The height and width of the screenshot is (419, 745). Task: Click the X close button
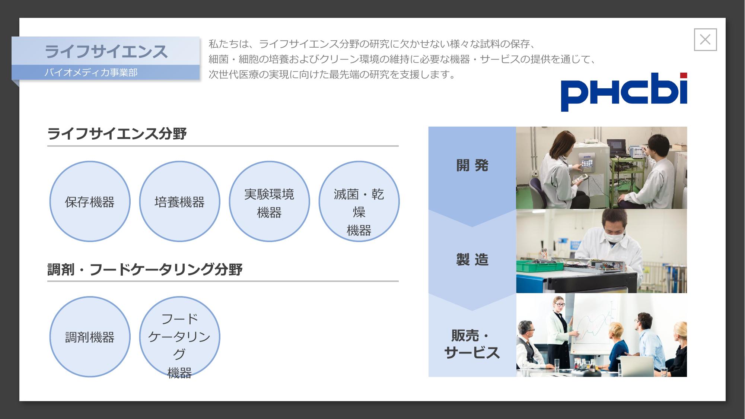pyautogui.click(x=705, y=39)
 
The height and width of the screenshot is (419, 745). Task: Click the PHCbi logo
pyautogui.click(x=624, y=92)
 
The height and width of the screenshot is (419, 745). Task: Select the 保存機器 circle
pyautogui.click(x=90, y=201)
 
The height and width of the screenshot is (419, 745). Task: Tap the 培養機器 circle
pyautogui.click(x=179, y=201)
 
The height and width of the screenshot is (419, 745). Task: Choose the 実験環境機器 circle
pyautogui.click(x=269, y=201)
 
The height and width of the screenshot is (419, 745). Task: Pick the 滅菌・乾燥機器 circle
pyautogui.click(x=359, y=201)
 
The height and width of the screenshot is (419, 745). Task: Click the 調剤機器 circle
pyautogui.click(x=90, y=337)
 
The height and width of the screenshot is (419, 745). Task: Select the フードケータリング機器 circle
pyautogui.click(x=179, y=337)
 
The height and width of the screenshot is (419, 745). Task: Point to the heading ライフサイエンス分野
pyautogui.click(x=117, y=133)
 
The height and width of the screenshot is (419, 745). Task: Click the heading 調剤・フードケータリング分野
pyautogui.click(x=145, y=269)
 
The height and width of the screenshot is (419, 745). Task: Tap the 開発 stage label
pyautogui.click(x=472, y=165)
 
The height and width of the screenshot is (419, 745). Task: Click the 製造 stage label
pyautogui.click(x=472, y=260)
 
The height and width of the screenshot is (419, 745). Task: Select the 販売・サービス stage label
pyautogui.click(x=472, y=344)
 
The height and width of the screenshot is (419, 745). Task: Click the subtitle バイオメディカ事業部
pyautogui.click(x=91, y=72)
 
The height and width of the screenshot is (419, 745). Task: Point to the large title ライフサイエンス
pyautogui.click(x=106, y=51)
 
